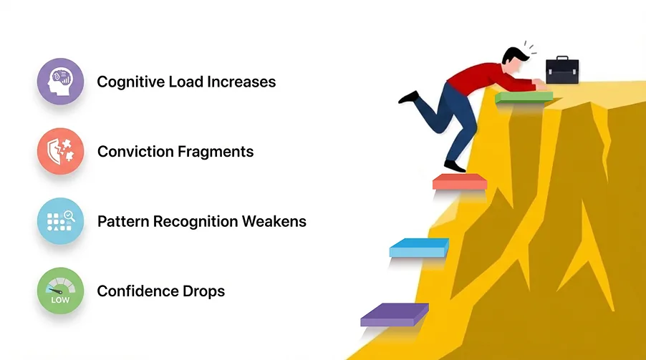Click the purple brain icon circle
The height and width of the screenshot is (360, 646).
[x=60, y=82]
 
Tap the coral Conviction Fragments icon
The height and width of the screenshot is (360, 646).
[x=60, y=152]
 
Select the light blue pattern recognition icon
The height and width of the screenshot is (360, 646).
[x=60, y=221]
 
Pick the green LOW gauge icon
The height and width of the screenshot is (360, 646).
[x=60, y=291]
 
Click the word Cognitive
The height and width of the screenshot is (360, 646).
[x=126, y=82]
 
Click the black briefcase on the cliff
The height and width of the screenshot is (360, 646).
[x=562, y=71]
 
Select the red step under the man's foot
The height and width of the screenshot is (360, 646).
[x=460, y=182]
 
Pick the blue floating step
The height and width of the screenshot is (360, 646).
[x=419, y=248]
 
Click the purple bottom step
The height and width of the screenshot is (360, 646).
[x=395, y=315]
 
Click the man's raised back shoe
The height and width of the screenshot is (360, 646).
[x=408, y=97]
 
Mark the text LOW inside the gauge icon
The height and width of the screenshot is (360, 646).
[x=60, y=300]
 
